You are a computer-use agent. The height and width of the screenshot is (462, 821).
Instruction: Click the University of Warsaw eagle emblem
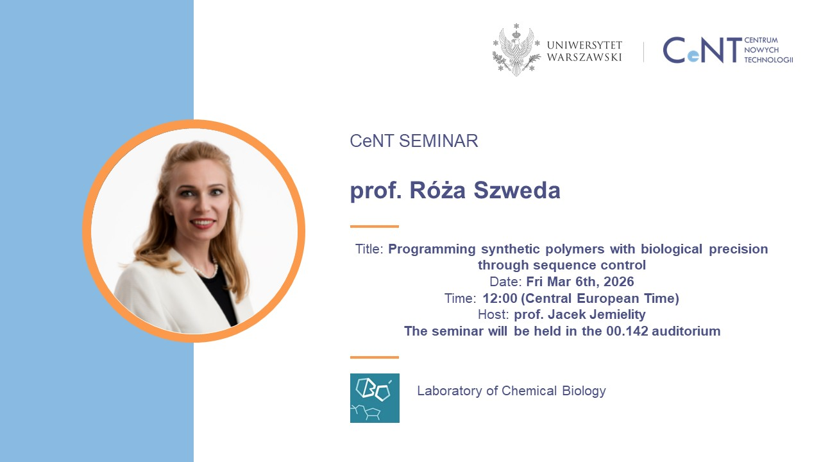click(x=516, y=50)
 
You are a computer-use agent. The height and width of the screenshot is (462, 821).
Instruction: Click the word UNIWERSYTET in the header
click(x=584, y=45)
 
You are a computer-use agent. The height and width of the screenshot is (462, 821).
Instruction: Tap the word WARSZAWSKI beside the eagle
click(x=584, y=57)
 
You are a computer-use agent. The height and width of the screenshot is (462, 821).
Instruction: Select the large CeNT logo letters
click(x=702, y=50)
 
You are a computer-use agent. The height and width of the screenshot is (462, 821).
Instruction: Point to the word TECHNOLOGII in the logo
click(x=768, y=60)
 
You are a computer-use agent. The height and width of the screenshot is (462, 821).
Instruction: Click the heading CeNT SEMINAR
click(x=414, y=141)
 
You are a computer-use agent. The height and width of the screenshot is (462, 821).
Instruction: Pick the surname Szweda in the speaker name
click(x=517, y=190)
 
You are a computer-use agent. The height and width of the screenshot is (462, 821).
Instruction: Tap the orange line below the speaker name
click(x=374, y=227)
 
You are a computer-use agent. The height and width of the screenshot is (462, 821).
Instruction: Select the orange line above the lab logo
click(x=374, y=357)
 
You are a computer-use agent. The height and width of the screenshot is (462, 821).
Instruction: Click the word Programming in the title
click(x=432, y=250)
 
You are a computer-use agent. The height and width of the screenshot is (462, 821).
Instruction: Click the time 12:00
click(x=500, y=298)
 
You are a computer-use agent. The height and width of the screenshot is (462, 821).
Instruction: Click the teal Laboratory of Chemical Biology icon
click(x=375, y=398)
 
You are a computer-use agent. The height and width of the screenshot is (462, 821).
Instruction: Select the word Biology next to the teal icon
click(x=584, y=391)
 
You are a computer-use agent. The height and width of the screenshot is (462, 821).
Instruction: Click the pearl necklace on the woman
click(x=206, y=269)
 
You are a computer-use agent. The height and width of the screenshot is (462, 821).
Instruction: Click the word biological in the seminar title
click(x=672, y=250)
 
